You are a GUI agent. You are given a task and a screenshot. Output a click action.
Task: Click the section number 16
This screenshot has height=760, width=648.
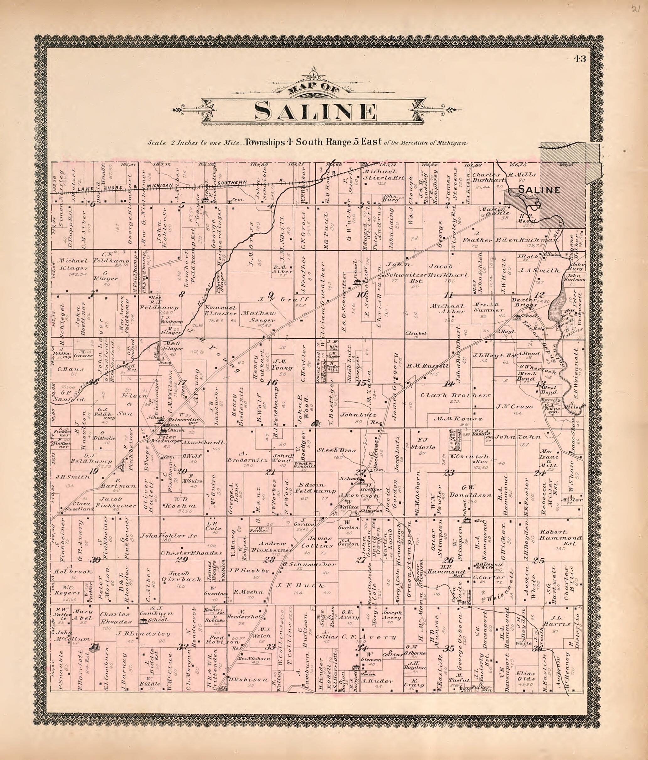(272, 383)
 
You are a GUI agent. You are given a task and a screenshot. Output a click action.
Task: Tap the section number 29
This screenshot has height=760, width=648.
(182, 559)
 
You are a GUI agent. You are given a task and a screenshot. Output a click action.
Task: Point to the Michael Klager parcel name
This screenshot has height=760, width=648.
(72, 264)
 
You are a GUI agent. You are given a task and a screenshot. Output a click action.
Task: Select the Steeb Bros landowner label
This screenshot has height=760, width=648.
(331, 450)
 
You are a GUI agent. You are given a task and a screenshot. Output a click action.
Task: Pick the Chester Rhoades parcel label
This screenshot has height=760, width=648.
(191, 553)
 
